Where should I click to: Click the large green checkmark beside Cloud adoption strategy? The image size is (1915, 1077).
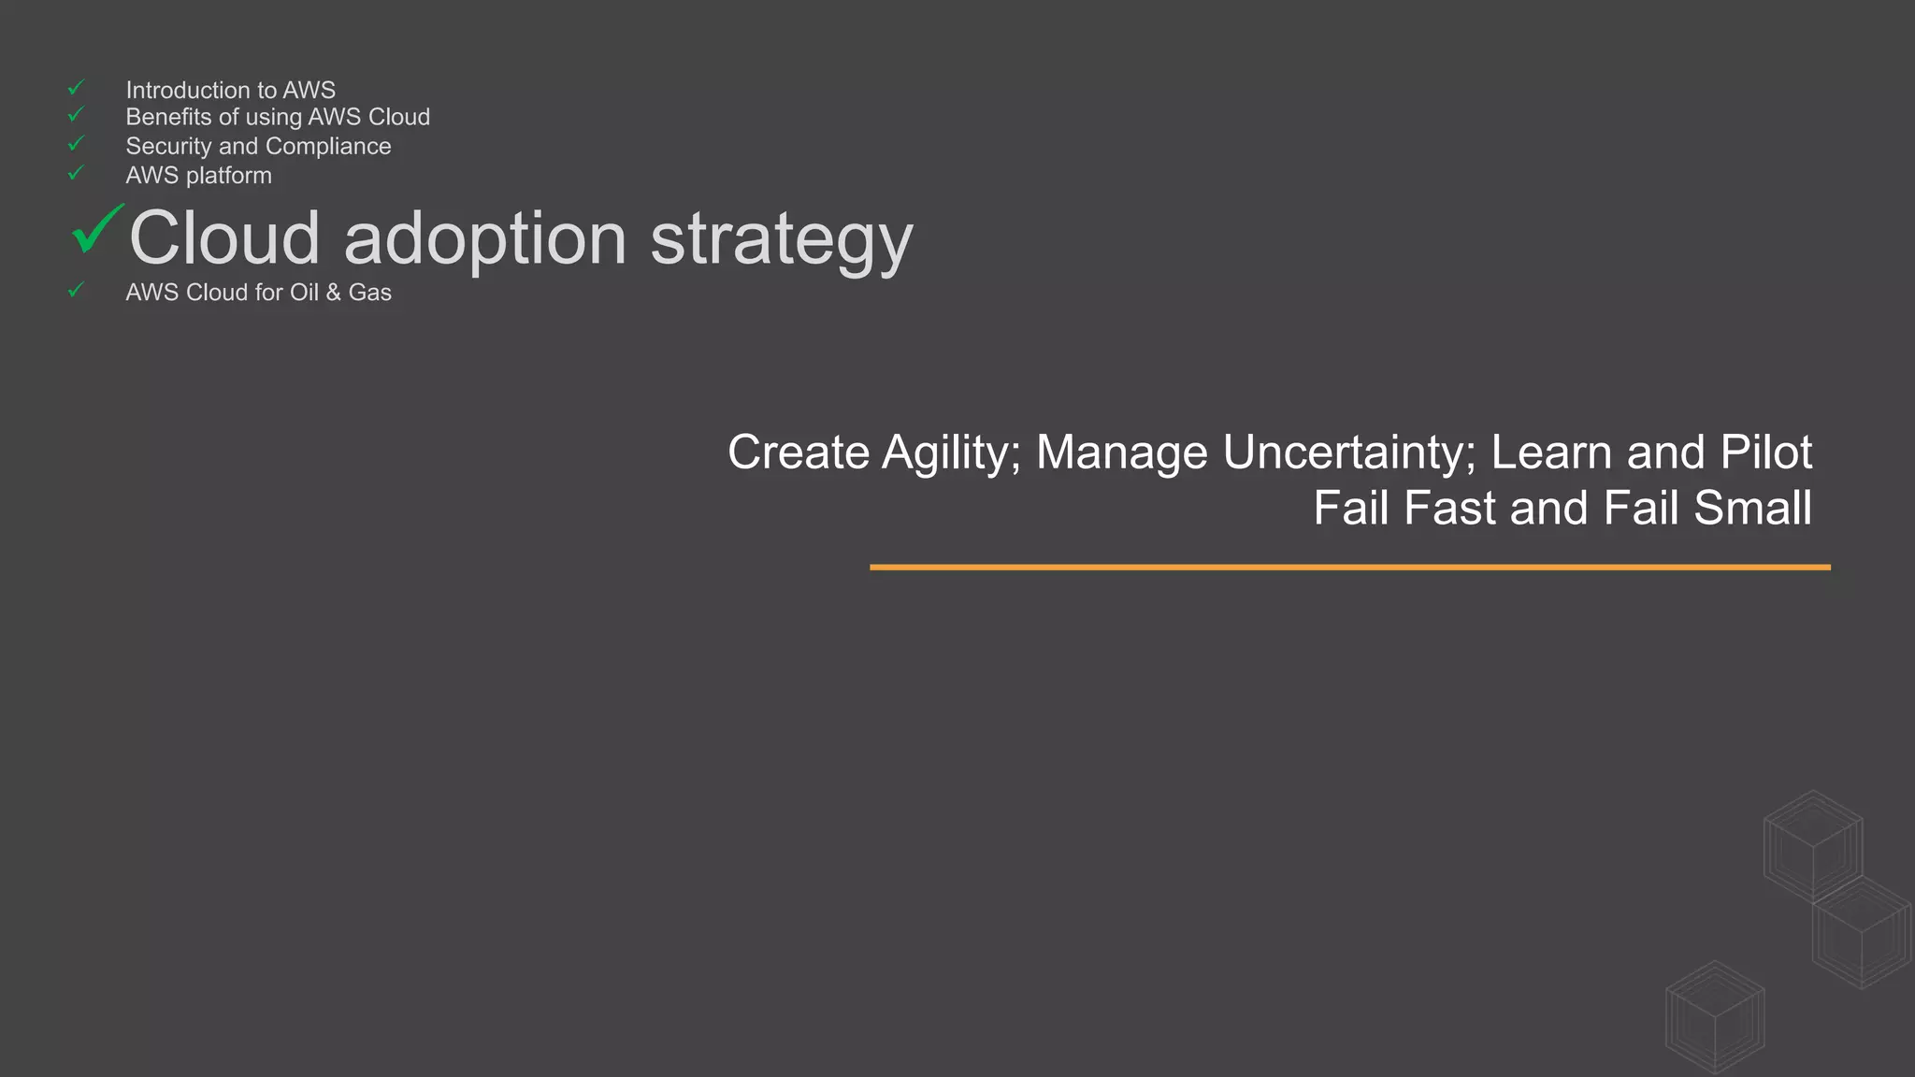96,229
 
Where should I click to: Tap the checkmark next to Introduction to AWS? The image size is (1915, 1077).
76,88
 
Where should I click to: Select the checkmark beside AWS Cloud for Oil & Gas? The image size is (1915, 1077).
76,291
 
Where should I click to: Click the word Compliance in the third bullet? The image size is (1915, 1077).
328,147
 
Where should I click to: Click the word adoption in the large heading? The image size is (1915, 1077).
484,239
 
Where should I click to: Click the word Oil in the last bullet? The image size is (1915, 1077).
304,293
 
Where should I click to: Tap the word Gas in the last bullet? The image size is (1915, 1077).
369,293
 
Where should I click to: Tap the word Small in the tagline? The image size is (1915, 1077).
1751,509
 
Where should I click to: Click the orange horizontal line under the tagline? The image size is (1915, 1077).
1349,567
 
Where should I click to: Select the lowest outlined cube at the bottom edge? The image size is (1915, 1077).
1715,1016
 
